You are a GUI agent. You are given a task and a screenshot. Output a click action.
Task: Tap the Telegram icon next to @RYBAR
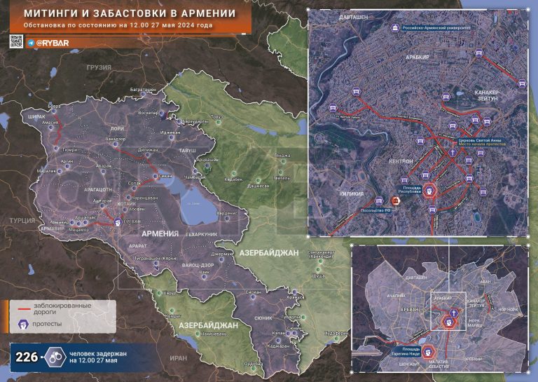pyautogui.click(x=30, y=43)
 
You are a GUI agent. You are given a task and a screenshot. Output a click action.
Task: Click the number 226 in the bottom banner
pyautogui.click(x=26, y=356)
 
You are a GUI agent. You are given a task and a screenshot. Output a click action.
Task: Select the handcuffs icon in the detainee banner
pyautogui.click(x=54, y=356)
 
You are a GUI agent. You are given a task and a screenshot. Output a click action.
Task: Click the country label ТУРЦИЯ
pyautogui.click(x=22, y=220)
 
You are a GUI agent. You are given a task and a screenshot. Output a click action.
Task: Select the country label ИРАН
pyautogui.click(x=179, y=357)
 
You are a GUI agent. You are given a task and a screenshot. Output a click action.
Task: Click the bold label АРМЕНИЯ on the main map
pyautogui.click(x=163, y=232)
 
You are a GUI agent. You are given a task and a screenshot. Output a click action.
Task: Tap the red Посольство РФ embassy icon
pyautogui.click(x=396, y=202)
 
